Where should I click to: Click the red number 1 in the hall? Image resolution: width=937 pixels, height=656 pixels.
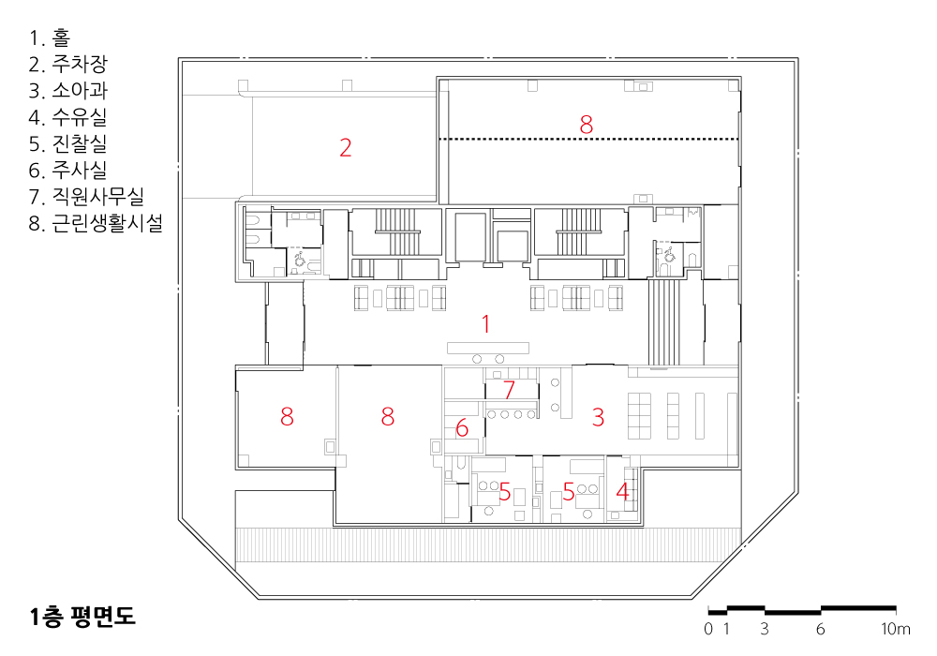click(x=485, y=324)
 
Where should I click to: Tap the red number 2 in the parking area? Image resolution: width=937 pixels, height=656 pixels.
click(x=346, y=147)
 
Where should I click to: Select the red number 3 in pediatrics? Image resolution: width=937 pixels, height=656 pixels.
click(x=598, y=417)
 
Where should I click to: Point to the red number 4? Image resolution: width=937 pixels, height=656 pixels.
click(x=622, y=492)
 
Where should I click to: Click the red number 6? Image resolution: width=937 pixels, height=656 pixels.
click(x=462, y=427)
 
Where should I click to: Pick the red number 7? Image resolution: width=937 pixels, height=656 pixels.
click(x=509, y=390)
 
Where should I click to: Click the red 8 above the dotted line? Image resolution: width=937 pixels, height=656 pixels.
click(x=587, y=125)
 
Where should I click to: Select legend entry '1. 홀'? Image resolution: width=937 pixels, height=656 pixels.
click(x=50, y=37)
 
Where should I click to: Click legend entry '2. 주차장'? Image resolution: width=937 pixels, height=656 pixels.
click(x=68, y=64)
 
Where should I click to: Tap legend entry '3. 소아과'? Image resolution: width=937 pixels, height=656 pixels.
click(x=68, y=90)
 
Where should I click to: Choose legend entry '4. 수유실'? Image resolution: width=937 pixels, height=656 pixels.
click(x=68, y=117)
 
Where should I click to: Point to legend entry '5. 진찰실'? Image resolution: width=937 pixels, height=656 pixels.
click(x=68, y=143)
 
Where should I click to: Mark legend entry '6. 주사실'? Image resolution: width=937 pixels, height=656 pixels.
click(x=68, y=170)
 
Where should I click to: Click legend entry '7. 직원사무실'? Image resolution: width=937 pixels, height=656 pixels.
click(x=86, y=196)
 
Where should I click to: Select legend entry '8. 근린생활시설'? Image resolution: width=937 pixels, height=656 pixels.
click(x=96, y=223)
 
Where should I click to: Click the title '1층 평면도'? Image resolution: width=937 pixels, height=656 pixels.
click(x=82, y=617)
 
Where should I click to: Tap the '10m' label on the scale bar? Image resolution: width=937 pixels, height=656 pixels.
click(x=895, y=629)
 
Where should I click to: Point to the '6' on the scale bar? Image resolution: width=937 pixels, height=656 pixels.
click(x=820, y=629)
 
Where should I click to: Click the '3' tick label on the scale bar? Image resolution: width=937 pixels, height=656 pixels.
click(x=765, y=629)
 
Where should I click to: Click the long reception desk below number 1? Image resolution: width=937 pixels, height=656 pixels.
click(x=488, y=347)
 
